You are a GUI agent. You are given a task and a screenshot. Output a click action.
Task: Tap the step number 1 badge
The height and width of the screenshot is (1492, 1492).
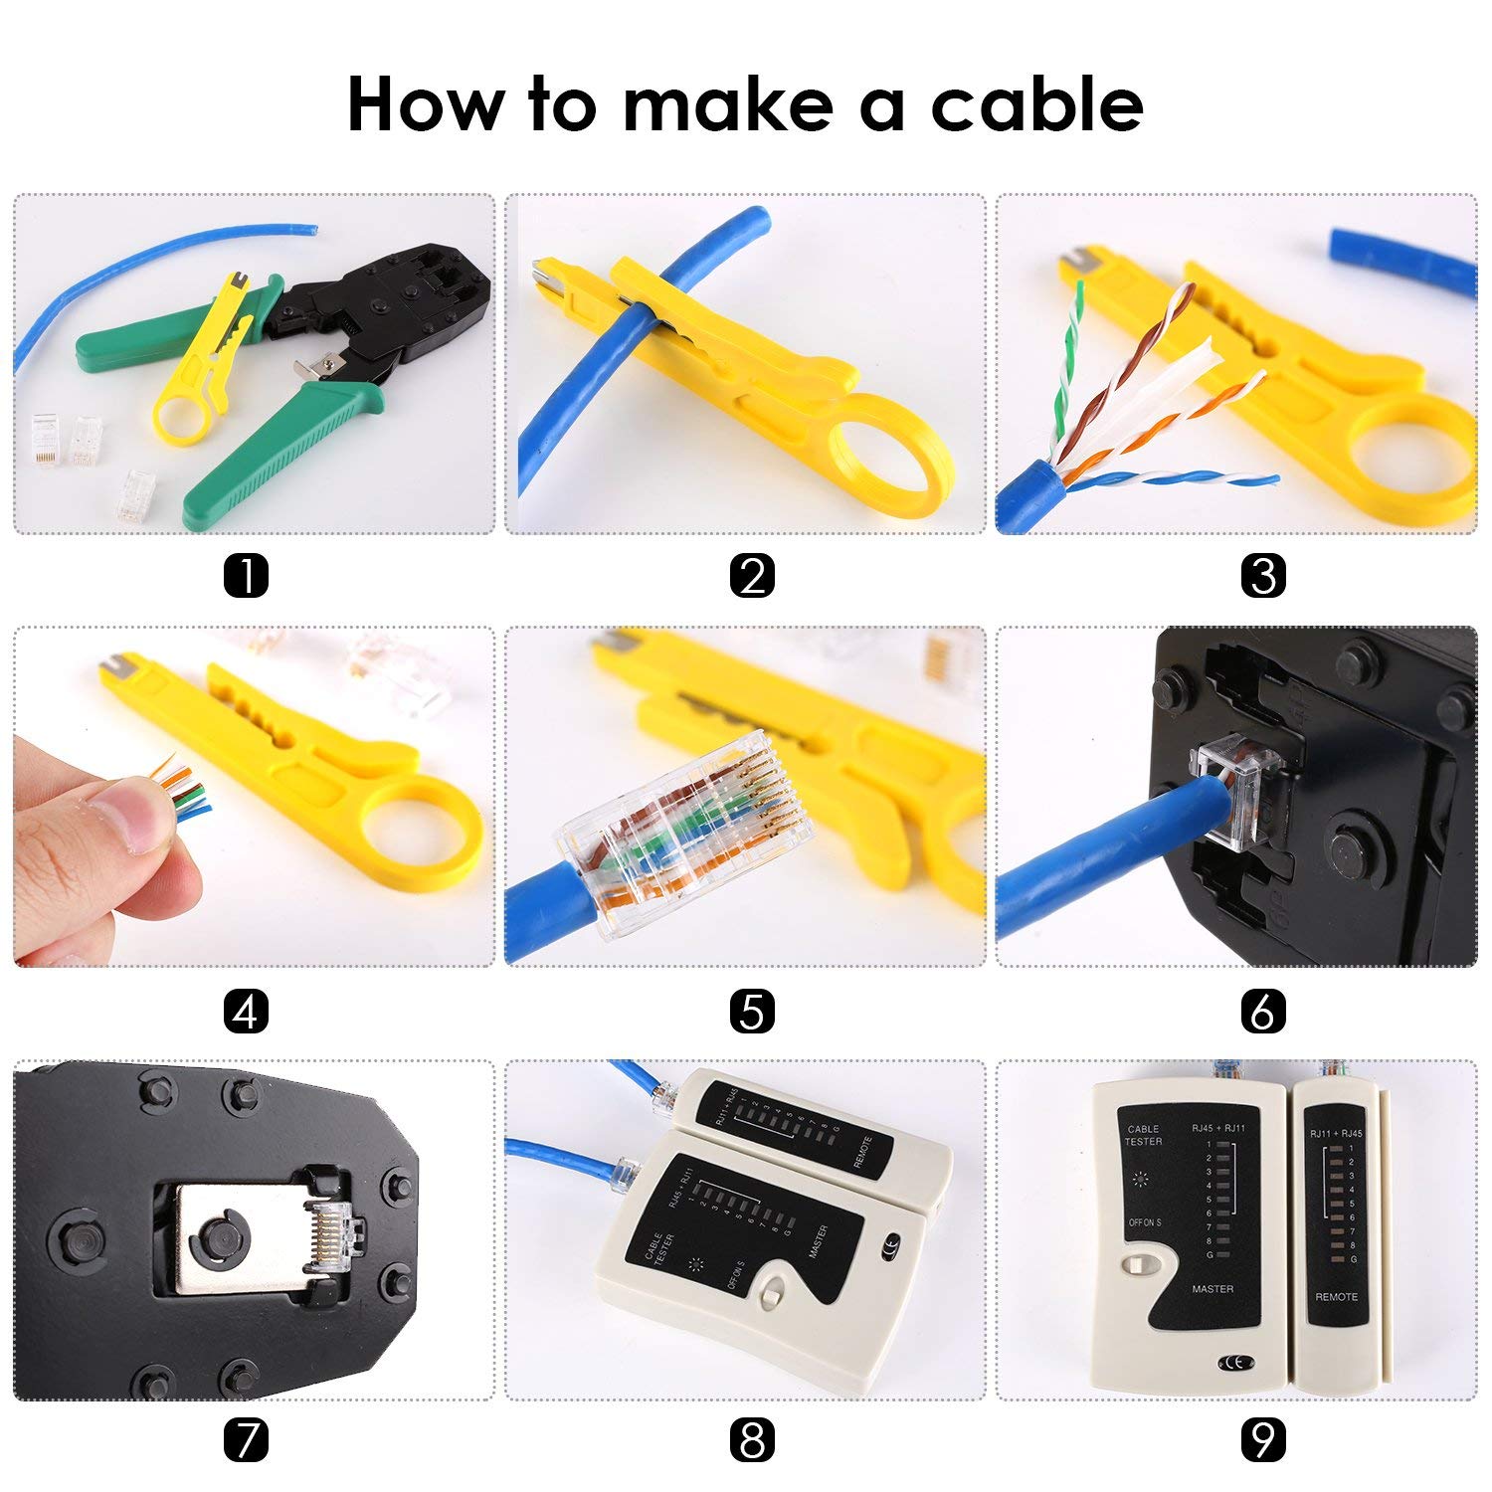tap(246, 576)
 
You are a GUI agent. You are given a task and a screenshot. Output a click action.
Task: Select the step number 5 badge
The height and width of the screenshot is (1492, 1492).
tap(752, 1012)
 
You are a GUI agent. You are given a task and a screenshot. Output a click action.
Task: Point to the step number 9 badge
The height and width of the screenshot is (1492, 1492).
tap(1263, 1439)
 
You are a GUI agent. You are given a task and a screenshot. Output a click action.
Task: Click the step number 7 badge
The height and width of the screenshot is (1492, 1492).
tap(246, 1439)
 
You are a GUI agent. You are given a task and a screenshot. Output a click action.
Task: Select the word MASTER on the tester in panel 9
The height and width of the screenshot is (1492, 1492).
tap(1212, 1289)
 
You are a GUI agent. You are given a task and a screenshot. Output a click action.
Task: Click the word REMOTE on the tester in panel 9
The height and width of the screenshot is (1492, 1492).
tap(1336, 1297)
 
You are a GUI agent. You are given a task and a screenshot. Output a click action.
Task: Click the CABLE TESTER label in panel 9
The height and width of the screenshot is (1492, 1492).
tap(1143, 1135)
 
